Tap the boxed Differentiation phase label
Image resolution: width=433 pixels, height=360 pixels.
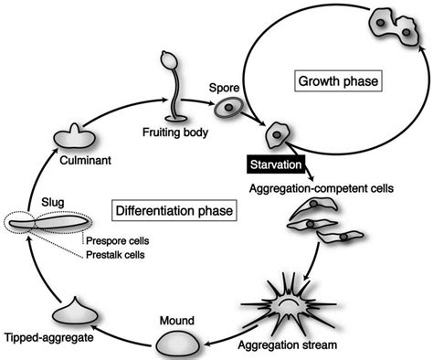170,212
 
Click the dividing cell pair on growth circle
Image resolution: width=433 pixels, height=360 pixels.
389,25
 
